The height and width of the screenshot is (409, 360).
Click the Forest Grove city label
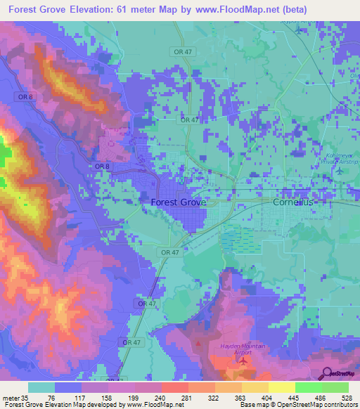click(179, 202)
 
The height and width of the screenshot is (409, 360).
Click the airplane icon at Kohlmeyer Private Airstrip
click(341, 171)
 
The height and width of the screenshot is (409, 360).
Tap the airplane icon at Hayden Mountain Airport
click(243, 361)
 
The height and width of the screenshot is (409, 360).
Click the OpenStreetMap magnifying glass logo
click(326, 373)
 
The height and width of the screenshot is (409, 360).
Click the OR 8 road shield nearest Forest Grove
click(101, 166)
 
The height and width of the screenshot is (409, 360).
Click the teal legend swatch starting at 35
click(41, 387)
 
